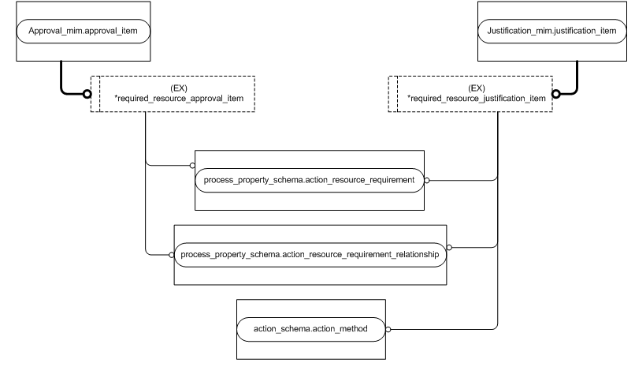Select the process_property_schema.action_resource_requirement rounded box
pyautogui.click(x=309, y=180)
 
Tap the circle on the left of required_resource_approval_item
pyautogui.click(x=89, y=94)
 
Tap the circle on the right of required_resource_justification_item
pyautogui.click(x=555, y=94)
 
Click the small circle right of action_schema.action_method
pyautogui.click(x=388, y=328)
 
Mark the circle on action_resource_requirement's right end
pyautogui.click(x=426, y=180)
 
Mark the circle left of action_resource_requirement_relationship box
pyautogui.click(x=171, y=255)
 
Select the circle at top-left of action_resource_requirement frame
pyautogui.click(x=192, y=166)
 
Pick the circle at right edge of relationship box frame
pyautogui.click(x=449, y=246)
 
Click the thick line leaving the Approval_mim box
pyautogui.click(x=61, y=79)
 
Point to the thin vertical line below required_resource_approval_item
pyautogui.click(x=146, y=138)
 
